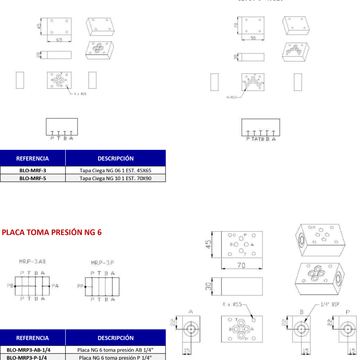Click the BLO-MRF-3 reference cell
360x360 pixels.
(32, 170)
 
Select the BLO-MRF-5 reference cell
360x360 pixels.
(32, 178)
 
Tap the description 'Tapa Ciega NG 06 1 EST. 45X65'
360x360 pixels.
(115, 170)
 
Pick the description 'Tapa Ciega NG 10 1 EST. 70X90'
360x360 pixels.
(115, 178)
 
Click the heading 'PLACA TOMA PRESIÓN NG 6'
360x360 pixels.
(52, 233)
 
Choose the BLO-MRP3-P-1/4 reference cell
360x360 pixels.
(32, 357)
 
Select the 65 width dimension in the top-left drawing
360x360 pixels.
(59, 40)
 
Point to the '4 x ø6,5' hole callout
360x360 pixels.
(231, 97)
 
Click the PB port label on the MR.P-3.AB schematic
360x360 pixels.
(10, 286)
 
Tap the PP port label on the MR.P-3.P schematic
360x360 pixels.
(80, 287)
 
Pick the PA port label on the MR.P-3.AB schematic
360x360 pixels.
(55, 286)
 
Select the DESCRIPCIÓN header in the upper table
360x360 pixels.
(115, 158)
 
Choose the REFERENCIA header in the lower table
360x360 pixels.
(32, 338)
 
